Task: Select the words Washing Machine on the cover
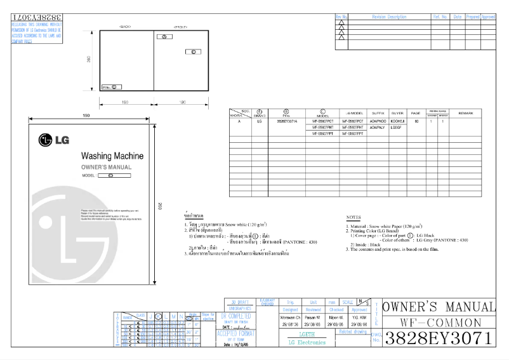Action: click(112, 156)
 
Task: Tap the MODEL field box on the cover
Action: click(115, 175)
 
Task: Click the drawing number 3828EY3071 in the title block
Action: click(439, 337)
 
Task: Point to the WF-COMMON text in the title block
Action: click(439, 323)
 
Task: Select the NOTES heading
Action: click(354, 217)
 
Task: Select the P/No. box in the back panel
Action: click(110, 86)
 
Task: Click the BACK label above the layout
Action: click(125, 26)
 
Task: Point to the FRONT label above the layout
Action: click(182, 26)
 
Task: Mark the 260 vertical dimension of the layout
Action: click(88, 60)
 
